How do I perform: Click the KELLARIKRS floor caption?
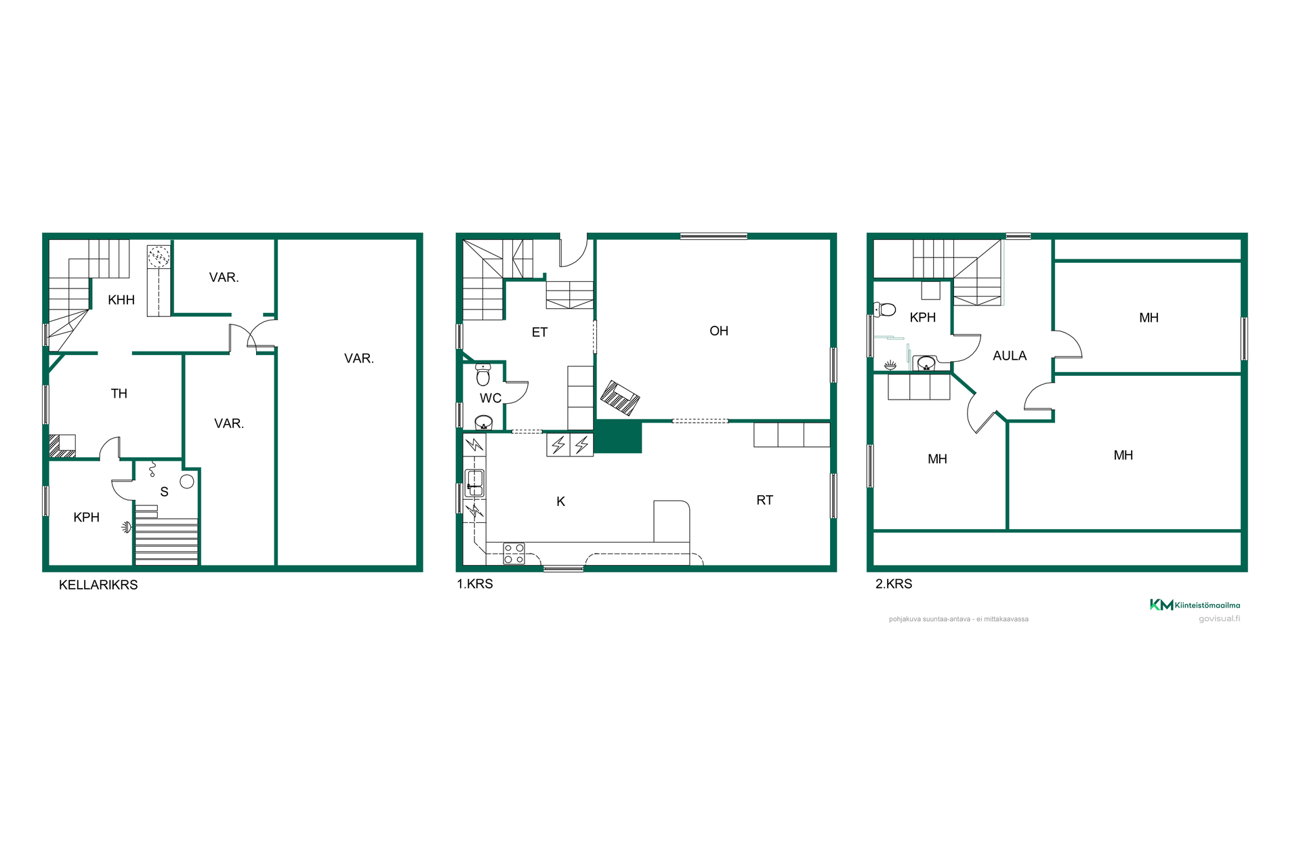pyautogui.click(x=98, y=585)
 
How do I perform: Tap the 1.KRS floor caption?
pyautogui.click(x=475, y=584)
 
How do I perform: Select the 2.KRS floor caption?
pyautogui.click(x=894, y=584)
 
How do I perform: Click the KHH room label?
pyautogui.click(x=121, y=300)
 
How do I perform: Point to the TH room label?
pyautogui.click(x=119, y=394)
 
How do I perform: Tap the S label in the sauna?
pyautogui.click(x=164, y=492)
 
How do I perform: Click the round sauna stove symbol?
pyautogui.click(x=187, y=482)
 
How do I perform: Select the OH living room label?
pyautogui.click(x=719, y=331)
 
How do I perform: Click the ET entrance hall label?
pyautogui.click(x=539, y=333)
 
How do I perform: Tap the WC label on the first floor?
pyautogui.click(x=491, y=398)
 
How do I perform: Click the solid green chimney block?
pyautogui.click(x=618, y=437)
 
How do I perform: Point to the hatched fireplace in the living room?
pyautogui.click(x=620, y=398)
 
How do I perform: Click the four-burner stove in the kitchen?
pyautogui.click(x=514, y=553)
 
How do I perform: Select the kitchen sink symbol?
pyautogui.click(x=475, y=483)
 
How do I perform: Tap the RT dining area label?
pyautogui.click(x=764, y=501)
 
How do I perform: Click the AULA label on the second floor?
pyautogui.click(x=1010, y=356)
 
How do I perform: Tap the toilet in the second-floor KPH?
pyautogui.click(x=885, y=310)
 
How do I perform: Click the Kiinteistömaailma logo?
pyautogui.click(x=1195, y=605)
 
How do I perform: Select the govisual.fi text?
pyautogui.click(x=1220, y=618)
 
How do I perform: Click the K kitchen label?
pyautogui.click(x=560, y=502)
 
